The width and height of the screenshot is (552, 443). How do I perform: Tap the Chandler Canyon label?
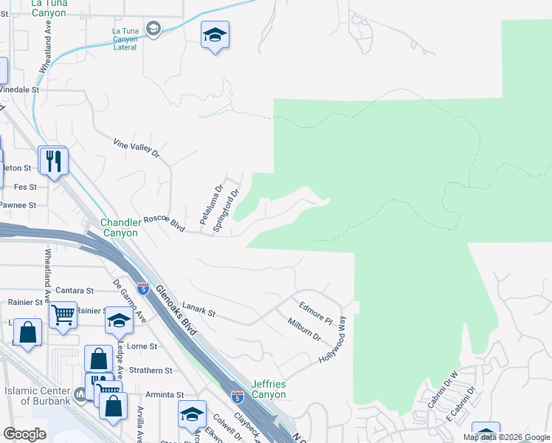[x=120, y=227]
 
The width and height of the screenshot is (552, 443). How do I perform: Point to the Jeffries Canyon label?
[x=269, y=389]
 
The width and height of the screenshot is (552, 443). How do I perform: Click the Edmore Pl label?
[x=316, y=312]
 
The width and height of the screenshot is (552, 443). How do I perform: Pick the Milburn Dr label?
[x=303, y=327]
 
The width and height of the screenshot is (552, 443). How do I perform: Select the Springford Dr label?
[x=227, y=212]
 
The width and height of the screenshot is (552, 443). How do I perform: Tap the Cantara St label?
[x=74, y=291]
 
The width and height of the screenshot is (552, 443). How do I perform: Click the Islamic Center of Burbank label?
[x=37, y=396]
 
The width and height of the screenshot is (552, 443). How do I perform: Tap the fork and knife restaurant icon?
[x=53, y=160]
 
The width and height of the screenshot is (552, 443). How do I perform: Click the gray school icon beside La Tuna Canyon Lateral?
[x=153, y=28]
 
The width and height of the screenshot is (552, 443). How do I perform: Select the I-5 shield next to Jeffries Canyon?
[x=237, y=398]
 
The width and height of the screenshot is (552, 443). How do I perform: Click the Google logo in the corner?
[x=24, y=434]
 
